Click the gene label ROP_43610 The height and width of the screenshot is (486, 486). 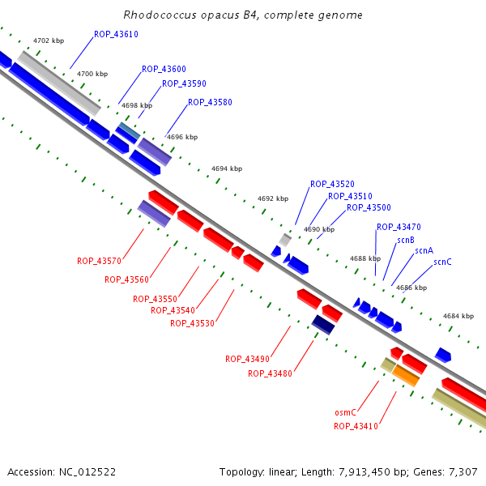point(116,34)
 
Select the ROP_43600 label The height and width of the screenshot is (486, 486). point(164,70)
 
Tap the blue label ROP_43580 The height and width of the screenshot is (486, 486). point(210,103)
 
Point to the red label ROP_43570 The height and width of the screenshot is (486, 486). point(99,261)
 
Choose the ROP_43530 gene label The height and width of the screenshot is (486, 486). point(192,323)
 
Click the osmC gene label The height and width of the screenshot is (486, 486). point(346,412)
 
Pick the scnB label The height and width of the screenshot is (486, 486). point(406,240)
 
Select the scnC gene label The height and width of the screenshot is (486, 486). point(442,262)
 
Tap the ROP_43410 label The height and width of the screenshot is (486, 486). point(356,426)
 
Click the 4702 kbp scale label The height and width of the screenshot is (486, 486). point(49,40)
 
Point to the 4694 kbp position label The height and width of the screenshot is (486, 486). point(227,168)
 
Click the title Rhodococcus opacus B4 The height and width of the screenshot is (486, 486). point(243,15)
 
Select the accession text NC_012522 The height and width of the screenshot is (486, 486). point(89,471)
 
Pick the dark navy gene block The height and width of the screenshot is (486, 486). point(323,324)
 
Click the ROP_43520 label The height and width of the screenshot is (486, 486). point(332,184)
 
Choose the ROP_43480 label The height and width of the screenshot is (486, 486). point(270,373)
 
